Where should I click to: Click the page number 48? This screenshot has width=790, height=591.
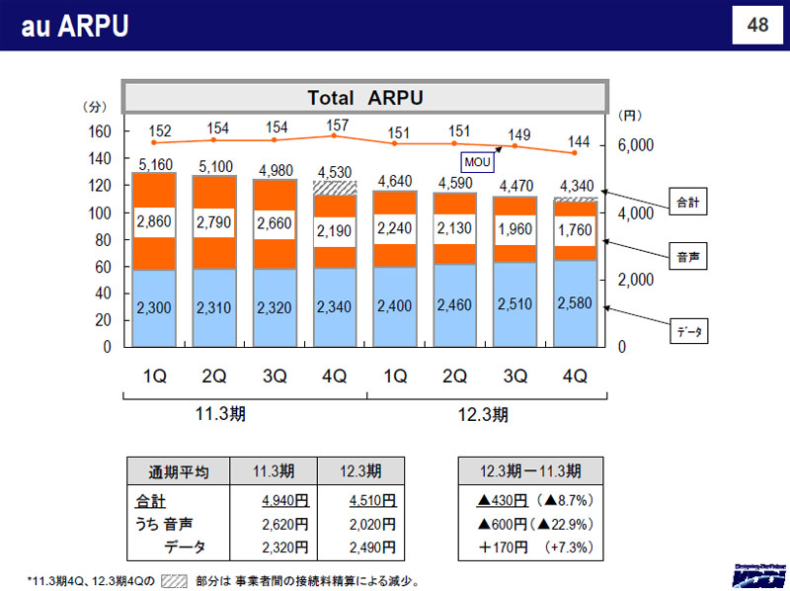(757, 26)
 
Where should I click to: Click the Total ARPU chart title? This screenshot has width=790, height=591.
(364, 97)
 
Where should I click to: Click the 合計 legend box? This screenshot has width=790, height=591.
(685, 203)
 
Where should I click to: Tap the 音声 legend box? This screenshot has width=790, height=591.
(685, 256)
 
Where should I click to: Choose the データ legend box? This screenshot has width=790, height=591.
(685, 332)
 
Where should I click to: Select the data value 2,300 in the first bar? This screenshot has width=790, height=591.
(153, 307)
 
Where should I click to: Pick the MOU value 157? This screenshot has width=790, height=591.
(336, 127)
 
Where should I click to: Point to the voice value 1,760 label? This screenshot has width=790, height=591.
(575, 233)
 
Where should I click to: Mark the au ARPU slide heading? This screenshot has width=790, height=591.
(75, 26)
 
